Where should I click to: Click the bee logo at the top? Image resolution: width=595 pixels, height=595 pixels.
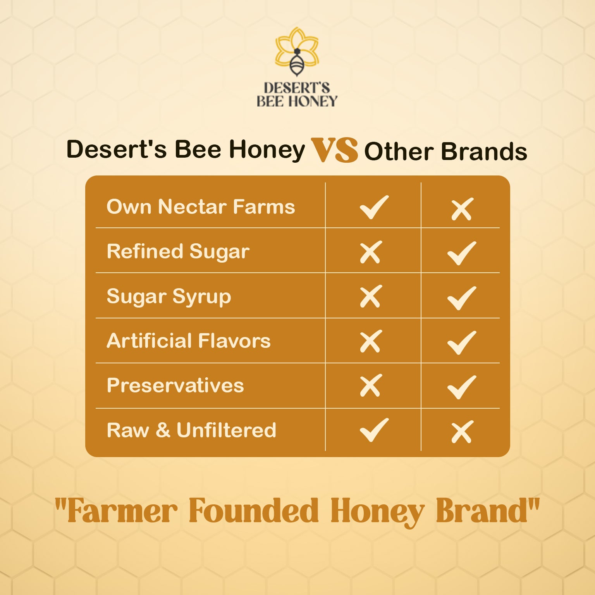(x=297, y=52)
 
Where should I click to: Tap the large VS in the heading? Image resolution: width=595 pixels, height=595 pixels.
(x=334, y=150)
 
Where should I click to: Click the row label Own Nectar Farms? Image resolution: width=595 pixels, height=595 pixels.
(x=201, y=206)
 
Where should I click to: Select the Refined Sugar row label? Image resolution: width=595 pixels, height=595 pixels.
(x=178, y=251)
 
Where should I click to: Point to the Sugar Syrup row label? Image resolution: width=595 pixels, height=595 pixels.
(x=169, y=297)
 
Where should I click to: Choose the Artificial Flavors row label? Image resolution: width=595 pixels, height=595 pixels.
(x=189, y=341)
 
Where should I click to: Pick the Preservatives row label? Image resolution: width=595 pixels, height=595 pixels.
(x=175, y=385)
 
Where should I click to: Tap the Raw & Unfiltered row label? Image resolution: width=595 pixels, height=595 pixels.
(x=191, y=430)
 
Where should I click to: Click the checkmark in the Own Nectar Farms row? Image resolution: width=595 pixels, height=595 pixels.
(x=373, y=207)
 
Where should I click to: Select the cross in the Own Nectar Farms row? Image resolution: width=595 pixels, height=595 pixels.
(x=461, y=209)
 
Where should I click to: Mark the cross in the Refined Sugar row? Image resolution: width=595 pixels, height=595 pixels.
(x=371, y=252)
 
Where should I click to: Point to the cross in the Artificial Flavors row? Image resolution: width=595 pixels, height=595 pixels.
(x=371, y=341)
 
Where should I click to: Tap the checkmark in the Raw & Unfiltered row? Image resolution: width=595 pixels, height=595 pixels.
(x=373, y=430)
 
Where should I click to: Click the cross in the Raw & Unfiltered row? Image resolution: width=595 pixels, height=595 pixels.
(x=461, y=432)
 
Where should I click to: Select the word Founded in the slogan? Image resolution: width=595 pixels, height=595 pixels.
(x=254, y=511)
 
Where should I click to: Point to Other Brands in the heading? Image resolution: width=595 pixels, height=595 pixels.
(x=445, y=151)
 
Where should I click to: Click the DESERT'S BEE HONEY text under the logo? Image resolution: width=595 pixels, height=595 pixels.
(x=297, y=94)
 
